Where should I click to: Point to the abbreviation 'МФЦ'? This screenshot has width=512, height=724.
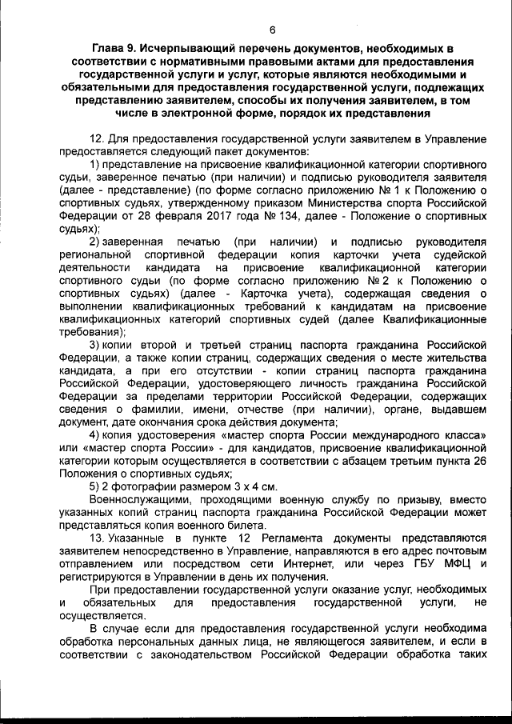(x=458, y=566)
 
